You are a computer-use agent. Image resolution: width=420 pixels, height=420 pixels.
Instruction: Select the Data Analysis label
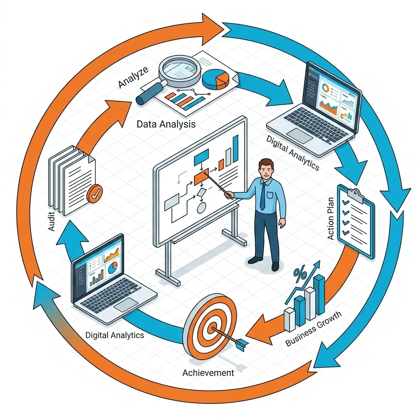pyautogui.click(x=166, y=124)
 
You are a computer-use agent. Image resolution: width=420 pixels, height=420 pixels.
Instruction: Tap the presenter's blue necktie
pyautogui.click(x=262, y=196)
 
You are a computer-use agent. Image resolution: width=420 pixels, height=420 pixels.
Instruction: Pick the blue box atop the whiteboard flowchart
pyautogui.click(x=201, y=156)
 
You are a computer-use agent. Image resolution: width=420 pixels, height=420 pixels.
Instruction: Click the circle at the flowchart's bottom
pyautogui.click(x=201, y=208)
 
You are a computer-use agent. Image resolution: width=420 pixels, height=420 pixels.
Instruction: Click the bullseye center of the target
pyautogui.click(x=212, y=328)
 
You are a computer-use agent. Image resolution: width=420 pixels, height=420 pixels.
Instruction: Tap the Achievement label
pyautogui.click(x=208, y=373)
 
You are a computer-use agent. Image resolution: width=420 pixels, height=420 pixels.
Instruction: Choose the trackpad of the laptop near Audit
pyautogui.click(x=126, y=304)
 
